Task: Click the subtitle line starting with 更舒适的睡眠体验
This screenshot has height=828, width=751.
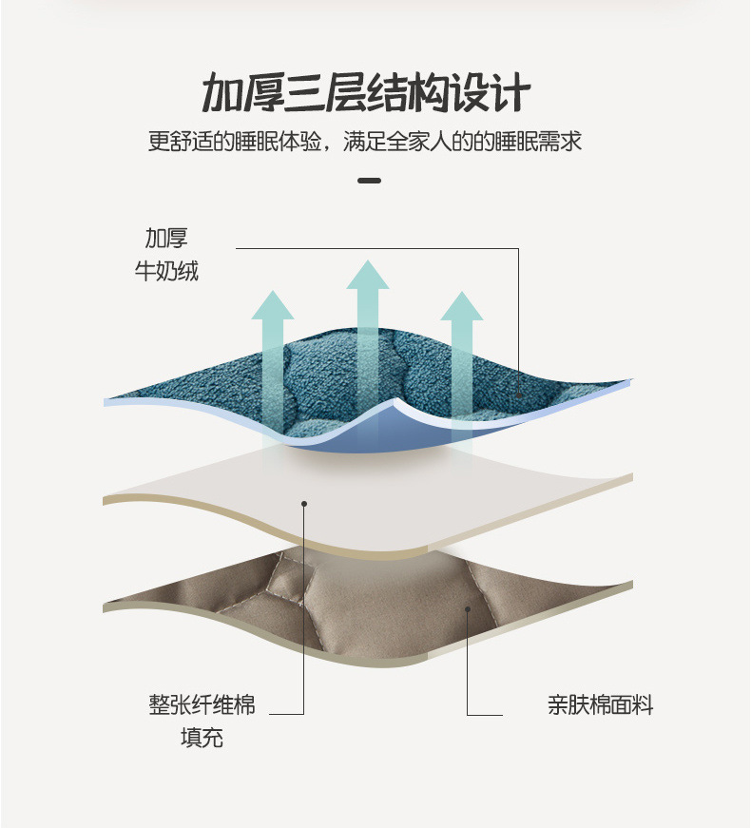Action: tap(365, 143)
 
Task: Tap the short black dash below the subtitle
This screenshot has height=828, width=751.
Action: tap(369, 181)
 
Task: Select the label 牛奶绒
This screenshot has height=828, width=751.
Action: tap(166, 271)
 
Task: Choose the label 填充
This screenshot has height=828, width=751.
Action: tap(202, 738)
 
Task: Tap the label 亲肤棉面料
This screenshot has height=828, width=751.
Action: tap(600, 705)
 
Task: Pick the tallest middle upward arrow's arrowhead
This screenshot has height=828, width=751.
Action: tap(368, 274)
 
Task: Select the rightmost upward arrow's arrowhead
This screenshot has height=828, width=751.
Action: tap(462, 306)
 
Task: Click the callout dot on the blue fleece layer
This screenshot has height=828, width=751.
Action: tap(519, 395)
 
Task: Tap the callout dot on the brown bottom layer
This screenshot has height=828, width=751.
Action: tap(467, 607)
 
